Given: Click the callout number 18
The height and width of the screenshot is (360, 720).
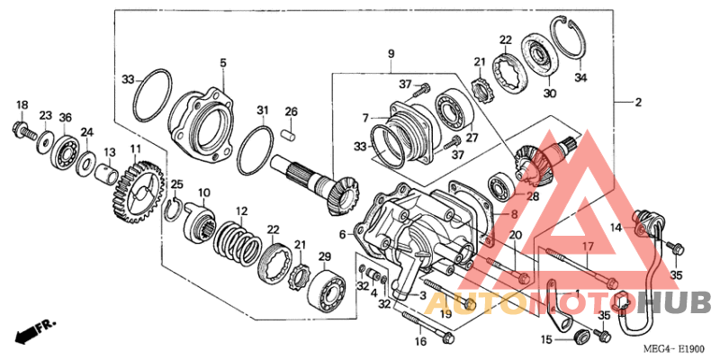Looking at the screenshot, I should pos(22,104).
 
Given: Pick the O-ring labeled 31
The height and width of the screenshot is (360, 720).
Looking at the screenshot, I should pos(256,150).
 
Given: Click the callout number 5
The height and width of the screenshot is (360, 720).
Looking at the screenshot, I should pos(222,63).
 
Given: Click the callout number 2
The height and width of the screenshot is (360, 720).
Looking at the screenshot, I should pos(638,103).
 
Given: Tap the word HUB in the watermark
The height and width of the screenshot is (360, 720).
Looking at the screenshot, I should pos(672,301).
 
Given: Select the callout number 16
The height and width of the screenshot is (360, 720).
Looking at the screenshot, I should pos(419,342).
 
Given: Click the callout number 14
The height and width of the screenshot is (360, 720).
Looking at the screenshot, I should pos(616,229).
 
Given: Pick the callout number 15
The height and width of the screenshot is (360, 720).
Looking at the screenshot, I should pos(545,339).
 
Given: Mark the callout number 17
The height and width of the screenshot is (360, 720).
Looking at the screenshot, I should pos(585,245).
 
